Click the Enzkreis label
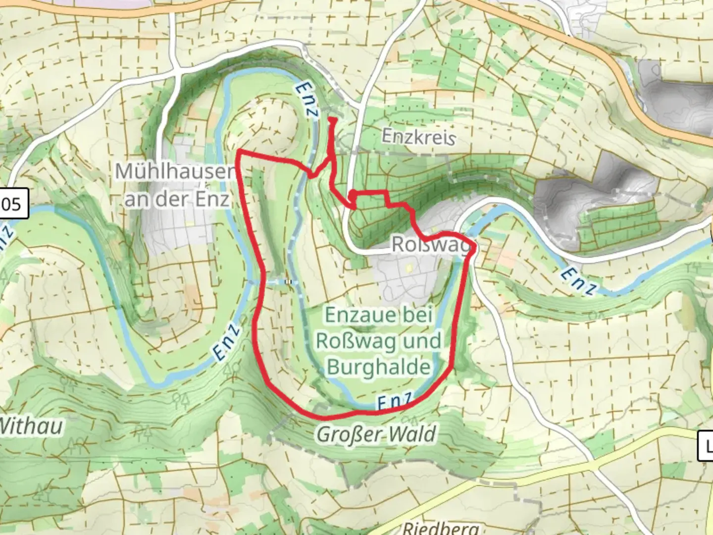tap(418, 137)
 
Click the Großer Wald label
tap(376, 434)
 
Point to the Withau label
tap(31, 426)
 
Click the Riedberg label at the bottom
tap(441, 528)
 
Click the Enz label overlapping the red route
tap(394, 402)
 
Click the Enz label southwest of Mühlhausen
tap(227, 343)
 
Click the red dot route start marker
tap(352, 195)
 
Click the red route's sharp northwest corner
tap(239, 150)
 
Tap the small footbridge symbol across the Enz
tap(289, 282)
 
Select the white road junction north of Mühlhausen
tap(175, 67)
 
